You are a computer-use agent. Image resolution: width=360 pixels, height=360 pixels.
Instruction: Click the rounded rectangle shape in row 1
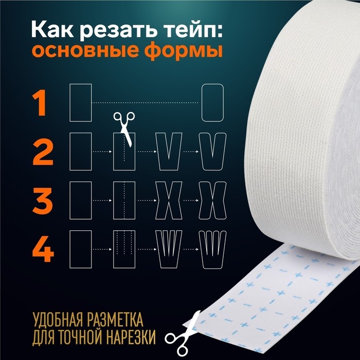(212, 103)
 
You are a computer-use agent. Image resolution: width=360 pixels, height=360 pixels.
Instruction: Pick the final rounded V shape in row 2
(212, 151)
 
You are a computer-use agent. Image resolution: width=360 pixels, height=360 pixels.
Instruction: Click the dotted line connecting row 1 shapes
(146, 103)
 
